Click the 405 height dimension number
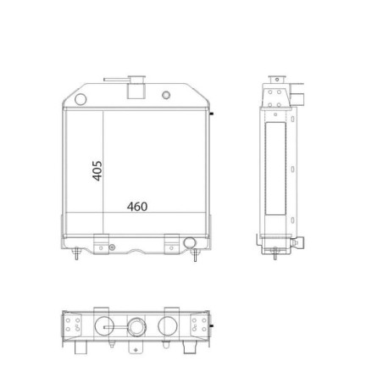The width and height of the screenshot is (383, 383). [x=97, y=170]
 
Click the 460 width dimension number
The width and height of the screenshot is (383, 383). [x=137, y=207]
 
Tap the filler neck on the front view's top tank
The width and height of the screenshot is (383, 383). [x=136, y=87]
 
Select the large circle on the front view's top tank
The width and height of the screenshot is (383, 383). [x=80, y=99]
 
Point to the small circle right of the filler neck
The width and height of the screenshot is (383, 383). [x=166, y=95]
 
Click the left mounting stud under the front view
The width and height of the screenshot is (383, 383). [x=76, y=253]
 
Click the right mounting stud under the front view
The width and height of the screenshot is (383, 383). [x=195, y=255]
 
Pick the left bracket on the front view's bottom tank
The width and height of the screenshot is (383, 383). [x=101, y=244]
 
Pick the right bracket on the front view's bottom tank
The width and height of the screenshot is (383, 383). [x=172, y=244]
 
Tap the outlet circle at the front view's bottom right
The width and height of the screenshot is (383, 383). [x=189, y=243]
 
